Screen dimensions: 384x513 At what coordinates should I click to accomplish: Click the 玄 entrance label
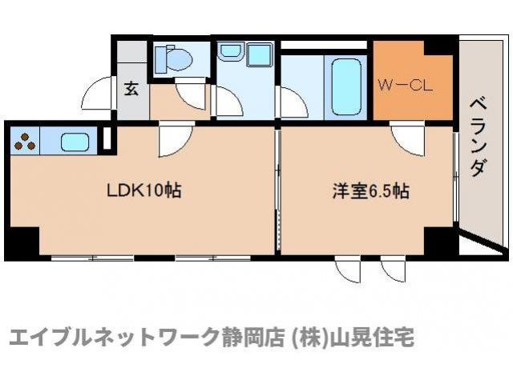pos(131,88)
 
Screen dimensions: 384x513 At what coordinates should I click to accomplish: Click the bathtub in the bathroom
pos(346,87)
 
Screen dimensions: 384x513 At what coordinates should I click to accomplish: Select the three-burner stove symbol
pos(26,142)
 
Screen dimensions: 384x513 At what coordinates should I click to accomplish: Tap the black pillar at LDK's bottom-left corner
pos(20,240)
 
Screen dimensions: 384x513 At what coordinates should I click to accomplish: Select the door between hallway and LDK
pos(172,138)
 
